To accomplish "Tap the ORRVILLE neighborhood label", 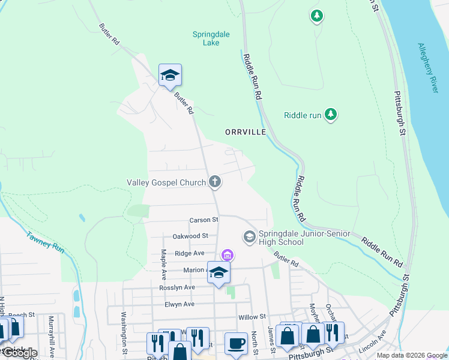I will click(x=245, y=131).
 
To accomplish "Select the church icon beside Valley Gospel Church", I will click(x=215, y=182).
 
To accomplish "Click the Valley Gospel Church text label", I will click(x=166, y=182).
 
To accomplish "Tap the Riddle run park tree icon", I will click(x=330, y=114).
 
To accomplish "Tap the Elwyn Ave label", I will click(x=179, y=304).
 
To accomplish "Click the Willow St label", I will click(x=252, y=316).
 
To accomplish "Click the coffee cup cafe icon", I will click(x=236, y=343).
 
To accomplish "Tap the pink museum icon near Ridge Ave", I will click(x=227, y=255).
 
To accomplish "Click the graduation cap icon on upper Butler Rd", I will click(x=170, y=75).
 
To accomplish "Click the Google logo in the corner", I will click(x=19, y=353).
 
